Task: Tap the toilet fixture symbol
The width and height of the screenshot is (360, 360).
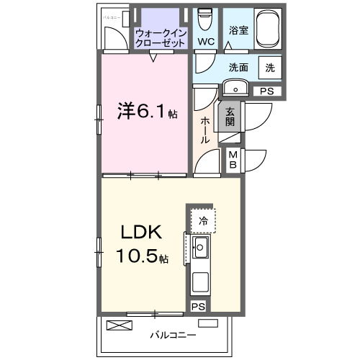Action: (205, 17)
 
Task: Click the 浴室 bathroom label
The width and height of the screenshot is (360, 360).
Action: (239, 31)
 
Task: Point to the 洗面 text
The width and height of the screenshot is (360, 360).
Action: (239, 68)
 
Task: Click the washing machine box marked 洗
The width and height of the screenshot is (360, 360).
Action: (269, 68)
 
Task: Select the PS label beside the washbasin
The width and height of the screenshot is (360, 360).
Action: (266, 91)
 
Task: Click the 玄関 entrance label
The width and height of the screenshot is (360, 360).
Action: (230, 117)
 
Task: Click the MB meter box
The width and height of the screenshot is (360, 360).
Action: (234, 158)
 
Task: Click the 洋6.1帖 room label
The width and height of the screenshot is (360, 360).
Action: (148, 113)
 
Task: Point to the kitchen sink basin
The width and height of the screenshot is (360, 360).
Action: (200, 250)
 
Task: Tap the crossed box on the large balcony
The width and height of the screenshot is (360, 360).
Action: (120, 325)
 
